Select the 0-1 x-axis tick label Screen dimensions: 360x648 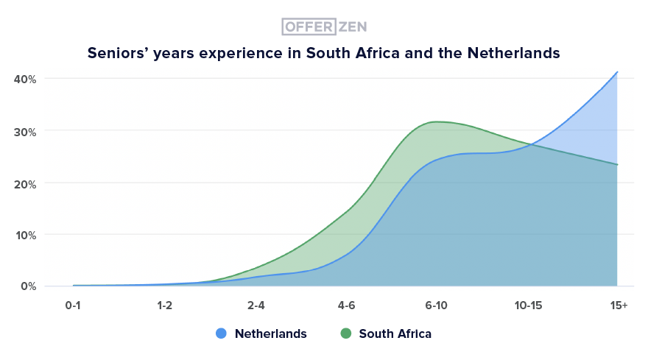[x=73, y=305]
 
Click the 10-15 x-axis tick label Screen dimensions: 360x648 [x=527, y=305]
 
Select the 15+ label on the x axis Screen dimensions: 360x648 [x=619, y=305]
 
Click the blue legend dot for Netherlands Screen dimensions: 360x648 [x=221, y=333]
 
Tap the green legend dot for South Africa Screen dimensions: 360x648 [x=345, y=333]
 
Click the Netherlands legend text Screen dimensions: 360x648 [x=270, y=333]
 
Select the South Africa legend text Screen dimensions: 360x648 [x=395, y=333]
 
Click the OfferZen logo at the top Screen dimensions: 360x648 [x=324, y=27]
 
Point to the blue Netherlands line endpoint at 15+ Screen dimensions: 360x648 [x=617, y=72]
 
